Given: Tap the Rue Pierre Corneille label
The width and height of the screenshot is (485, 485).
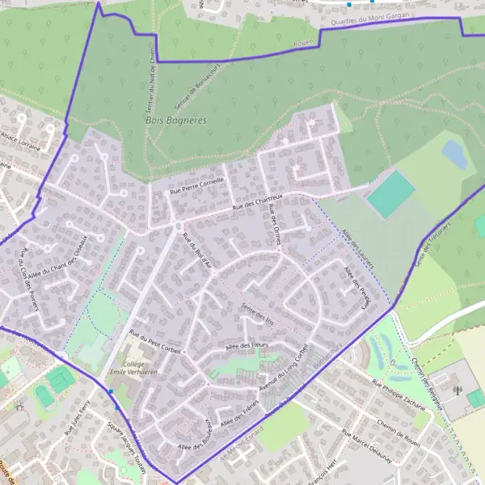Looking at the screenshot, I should pos(196,186).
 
